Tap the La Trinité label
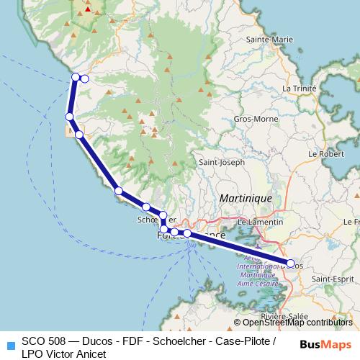pyautogui.click(x=300, y=89)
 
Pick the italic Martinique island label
pyautogui.click(x=244, y=197)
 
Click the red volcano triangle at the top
pyautogui.click(x=88, y=9)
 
